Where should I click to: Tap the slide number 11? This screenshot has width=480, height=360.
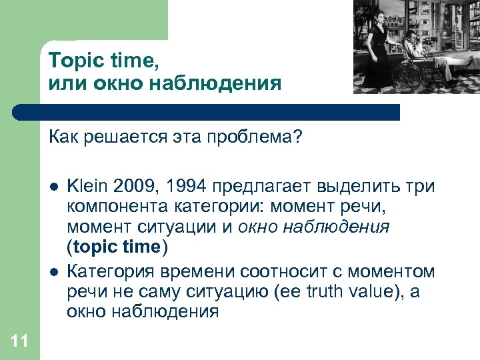pyautogui.click(x=19, y=342)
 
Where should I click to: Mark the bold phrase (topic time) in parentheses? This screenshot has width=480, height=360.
pyautogui.click(x=117, y=247)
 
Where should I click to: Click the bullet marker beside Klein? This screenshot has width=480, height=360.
pyautogui.click(x=53, y=186)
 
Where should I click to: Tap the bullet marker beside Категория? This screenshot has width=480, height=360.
pyautogui.click(x=53, y=271)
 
